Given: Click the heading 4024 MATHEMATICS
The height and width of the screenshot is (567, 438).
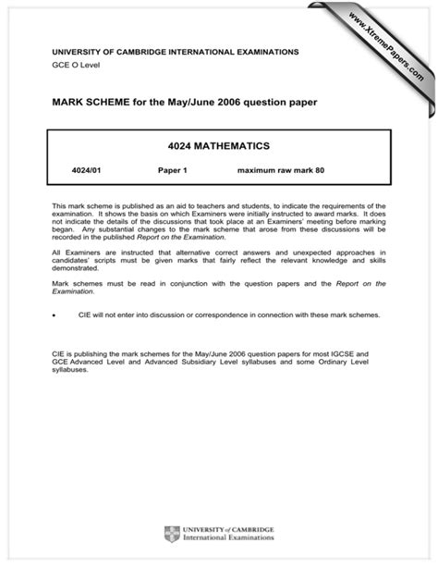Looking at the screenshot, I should click(x=219, y=145).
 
